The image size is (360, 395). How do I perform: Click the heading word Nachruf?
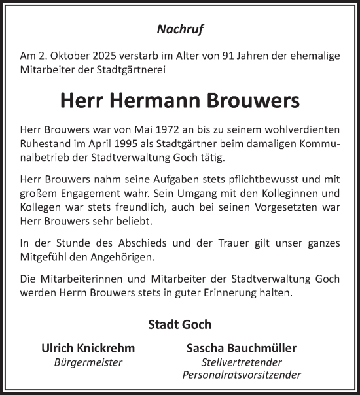click(179, 28)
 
